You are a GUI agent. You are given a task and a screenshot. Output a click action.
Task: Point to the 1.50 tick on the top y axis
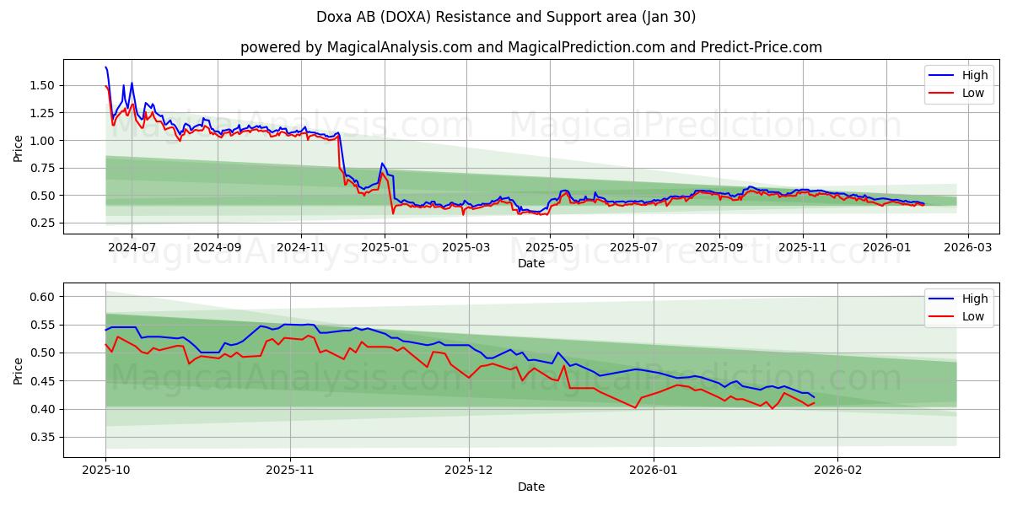(x=41, y=85)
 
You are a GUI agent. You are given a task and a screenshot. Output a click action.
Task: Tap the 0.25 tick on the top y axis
(x=41, y=223)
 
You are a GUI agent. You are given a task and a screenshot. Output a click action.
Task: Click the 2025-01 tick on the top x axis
(x=385, y=247)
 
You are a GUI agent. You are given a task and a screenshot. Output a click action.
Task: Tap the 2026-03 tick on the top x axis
(x=967, y=247)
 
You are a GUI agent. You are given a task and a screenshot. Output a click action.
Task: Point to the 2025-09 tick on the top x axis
(x=719, y=247)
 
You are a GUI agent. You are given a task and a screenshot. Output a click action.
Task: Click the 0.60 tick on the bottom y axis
(x=41, y=297)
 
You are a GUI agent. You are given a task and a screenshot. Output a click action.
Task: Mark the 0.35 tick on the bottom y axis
(x=41, y=437)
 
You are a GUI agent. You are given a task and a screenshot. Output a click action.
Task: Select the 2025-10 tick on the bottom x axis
(x=105, y=471)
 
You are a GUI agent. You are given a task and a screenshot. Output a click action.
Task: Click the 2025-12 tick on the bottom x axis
(x=468, y=471)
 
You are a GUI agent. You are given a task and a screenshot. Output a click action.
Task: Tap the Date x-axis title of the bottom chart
(x=530, y=487)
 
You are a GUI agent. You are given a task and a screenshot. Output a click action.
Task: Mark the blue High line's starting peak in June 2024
(x=105, y=67)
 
